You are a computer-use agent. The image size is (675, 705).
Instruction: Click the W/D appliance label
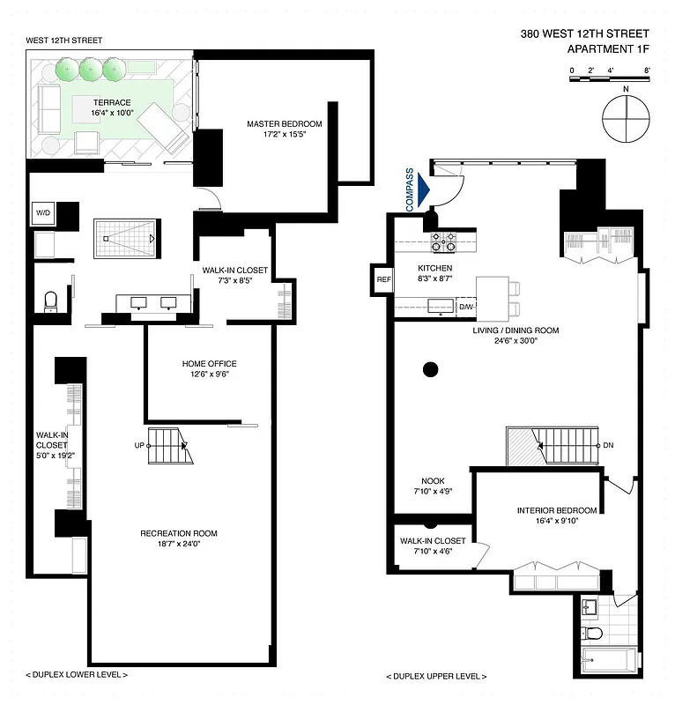click(42, 213)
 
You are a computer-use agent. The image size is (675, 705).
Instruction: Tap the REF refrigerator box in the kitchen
click(383, 280)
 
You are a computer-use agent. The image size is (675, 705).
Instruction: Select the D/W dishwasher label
click(467, 307)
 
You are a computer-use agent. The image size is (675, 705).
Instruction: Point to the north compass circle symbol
click(624, 117)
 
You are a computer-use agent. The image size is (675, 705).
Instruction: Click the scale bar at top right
click(610, 79)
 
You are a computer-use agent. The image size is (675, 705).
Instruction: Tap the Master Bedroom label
click(284, 124)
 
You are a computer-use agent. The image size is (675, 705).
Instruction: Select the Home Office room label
click(209, 364)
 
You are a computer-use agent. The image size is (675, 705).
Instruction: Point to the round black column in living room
click(430, 369)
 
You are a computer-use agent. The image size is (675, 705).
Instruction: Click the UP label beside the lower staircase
click(138, 446)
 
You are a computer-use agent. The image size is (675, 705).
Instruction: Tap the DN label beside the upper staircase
click(608, 446)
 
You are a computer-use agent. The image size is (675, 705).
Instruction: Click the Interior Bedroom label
click(557, 510)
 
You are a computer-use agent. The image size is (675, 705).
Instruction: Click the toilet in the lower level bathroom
click(51, 300)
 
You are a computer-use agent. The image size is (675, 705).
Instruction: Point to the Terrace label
click(110, 102)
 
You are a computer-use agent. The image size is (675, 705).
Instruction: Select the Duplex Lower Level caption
click(78, 674)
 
